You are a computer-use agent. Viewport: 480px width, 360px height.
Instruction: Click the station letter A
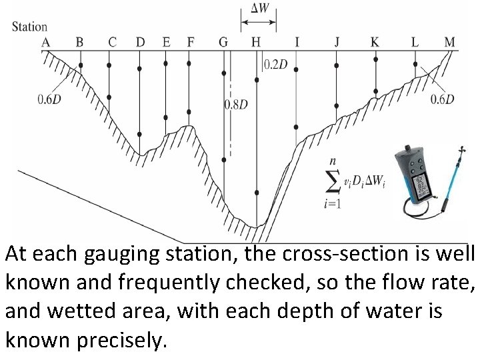pyautogui.click(x=46, y=42)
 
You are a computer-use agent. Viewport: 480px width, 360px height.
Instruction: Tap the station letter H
pyautogui.click(x=255, y=42)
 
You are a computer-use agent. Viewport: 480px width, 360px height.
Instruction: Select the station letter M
pyautogui.click(x=449, y=42)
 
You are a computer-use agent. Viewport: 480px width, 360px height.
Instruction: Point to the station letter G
pyautogui.click(x=223, y=42)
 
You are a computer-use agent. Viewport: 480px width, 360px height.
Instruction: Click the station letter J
pyautogui.click(x=337, y=42)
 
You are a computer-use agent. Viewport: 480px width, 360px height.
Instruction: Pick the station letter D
pyautogui.click(x=140, y=42)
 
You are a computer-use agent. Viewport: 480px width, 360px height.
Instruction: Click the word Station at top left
pyautogui.click(x=30, y=27)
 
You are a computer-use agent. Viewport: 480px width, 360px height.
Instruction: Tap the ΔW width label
pyautogui.click(x=259, y=9)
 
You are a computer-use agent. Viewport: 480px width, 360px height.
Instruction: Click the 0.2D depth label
pyautogui.click(x=276, y=65)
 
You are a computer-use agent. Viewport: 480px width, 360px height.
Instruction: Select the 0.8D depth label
pyautogui.click(x=236, y=105)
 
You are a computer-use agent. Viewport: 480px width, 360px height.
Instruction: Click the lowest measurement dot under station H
pyautogui.click(x=256, y=191)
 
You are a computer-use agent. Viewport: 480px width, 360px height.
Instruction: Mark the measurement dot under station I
pyautogui.click(x=297, y=126)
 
